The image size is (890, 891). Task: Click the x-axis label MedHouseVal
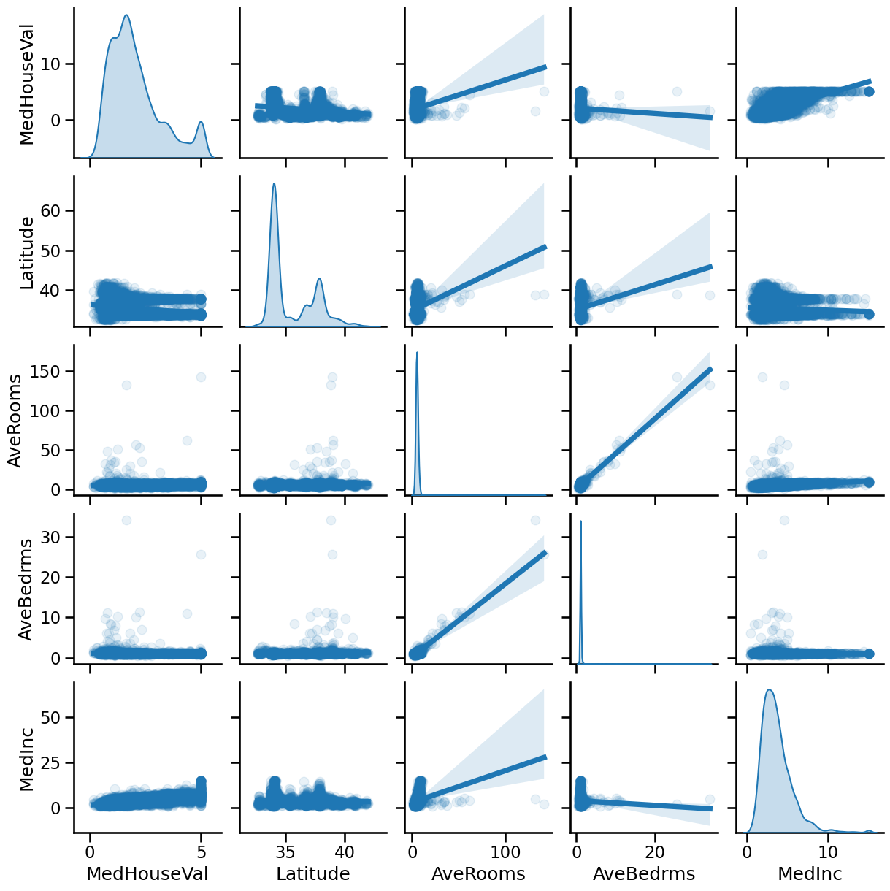pos(147,873)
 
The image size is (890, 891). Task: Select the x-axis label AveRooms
pos(478,873)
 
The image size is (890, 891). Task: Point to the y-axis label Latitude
pos(26,253)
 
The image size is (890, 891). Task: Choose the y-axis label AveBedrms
pos(26,589)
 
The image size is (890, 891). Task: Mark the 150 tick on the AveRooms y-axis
pos(59,372)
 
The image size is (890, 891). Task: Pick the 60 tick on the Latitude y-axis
pos(59,210)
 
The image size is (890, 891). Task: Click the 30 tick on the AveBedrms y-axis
pos(59,537)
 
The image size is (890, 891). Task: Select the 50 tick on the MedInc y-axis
pos(59,717)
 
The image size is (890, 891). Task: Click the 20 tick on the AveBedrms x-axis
pos(656,852)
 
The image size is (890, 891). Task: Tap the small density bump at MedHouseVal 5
pos(201,122)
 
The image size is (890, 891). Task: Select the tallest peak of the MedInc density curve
pos(770,690)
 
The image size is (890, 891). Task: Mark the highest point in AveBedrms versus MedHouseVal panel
pos(126,520)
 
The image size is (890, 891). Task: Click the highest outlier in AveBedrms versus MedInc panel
pos(784,520)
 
